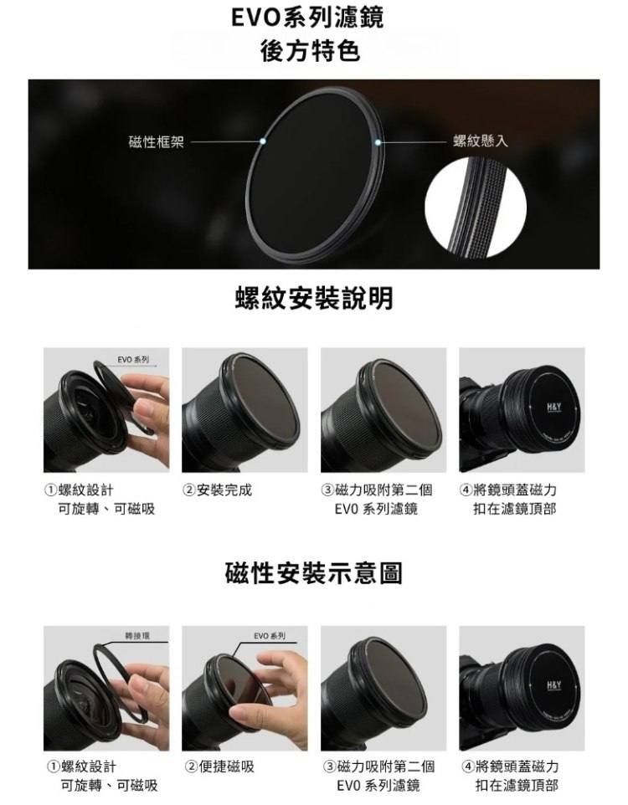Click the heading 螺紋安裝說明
[x=313, y=298]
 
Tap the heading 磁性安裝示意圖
[x=313, y=573]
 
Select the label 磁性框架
[x=156, y=141]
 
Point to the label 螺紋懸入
[x=481, y=141]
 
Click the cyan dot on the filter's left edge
[x=263, y=141]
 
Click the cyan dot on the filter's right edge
[x=378, y=141]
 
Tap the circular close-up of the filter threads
[x=476, y=208]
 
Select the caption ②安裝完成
[x=218, y=490]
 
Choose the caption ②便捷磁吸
[x=219, y=767]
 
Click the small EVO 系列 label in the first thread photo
[x=133, y=360]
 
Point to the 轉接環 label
[x=137, y=636]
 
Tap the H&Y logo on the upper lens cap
[x=554, y=407]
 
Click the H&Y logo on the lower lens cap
[x=554, y=685]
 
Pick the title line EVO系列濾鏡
[x=306, y=18]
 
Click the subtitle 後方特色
[x=310, y=51]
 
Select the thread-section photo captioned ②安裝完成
[x=245, y=410]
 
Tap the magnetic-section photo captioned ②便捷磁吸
[x=245, y=688]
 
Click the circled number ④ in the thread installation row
[x=466, y=490]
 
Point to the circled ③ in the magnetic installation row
[x=330, y=767]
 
